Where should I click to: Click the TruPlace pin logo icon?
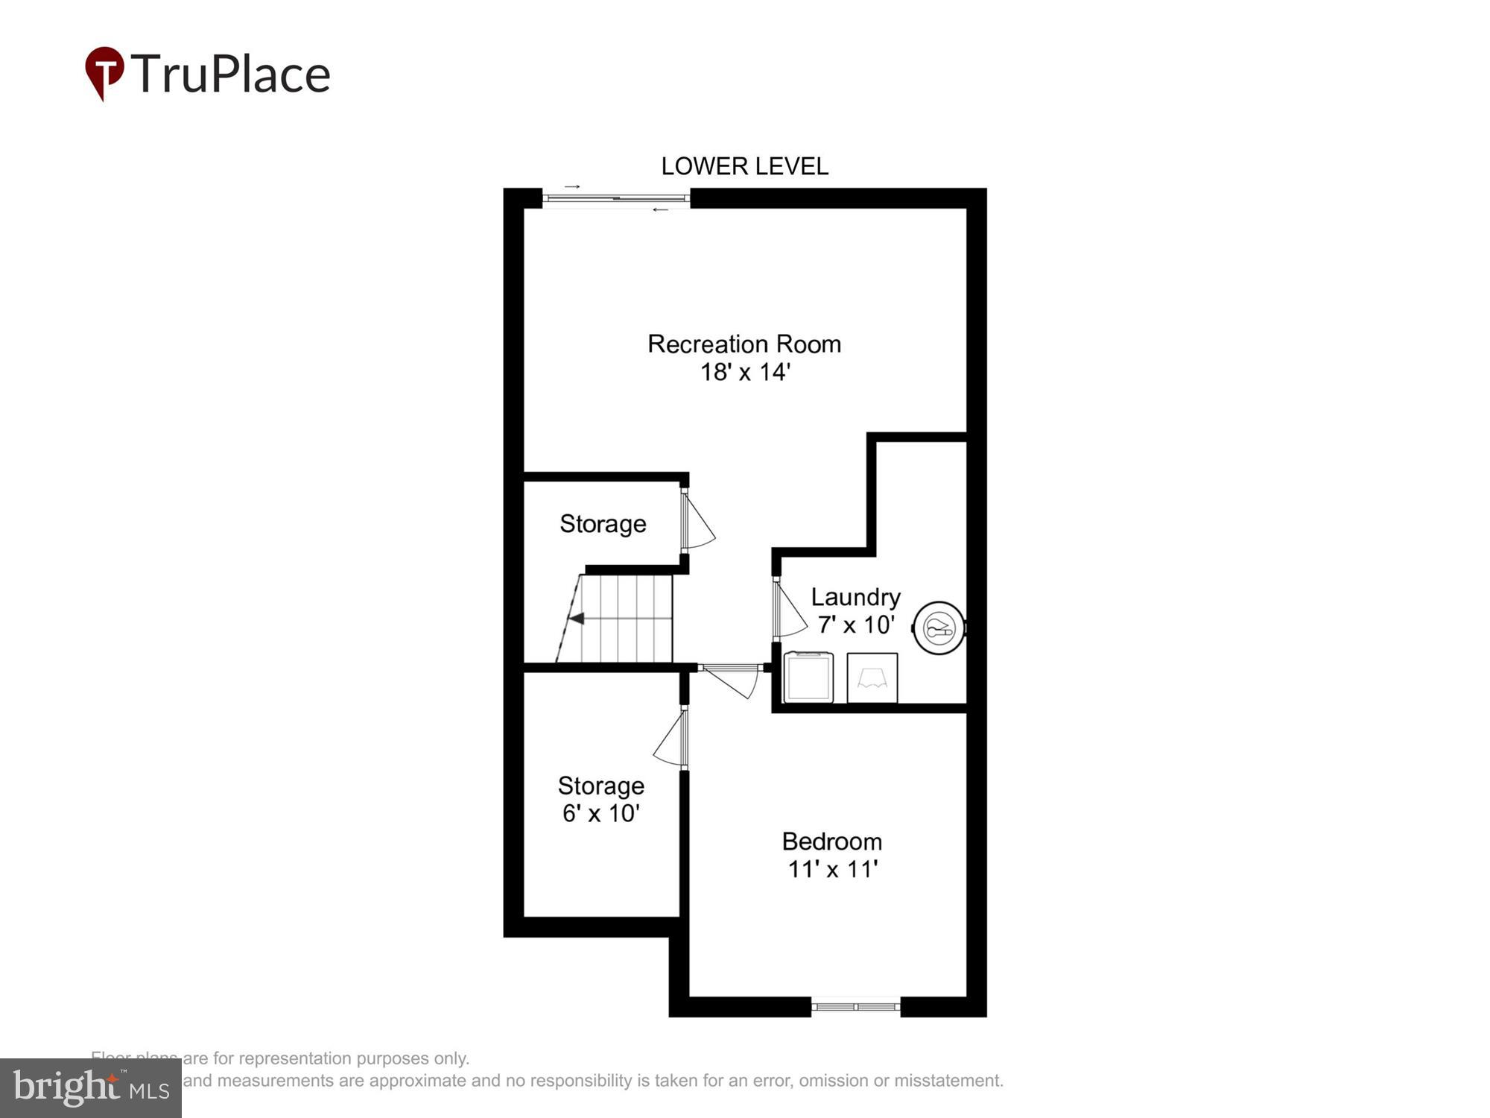[x=104, y=72]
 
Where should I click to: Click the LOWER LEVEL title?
[x=744, y=166]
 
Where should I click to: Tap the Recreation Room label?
[x=744, y=344]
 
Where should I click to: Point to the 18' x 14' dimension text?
[x=744, y=372]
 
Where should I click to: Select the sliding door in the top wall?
[x=615, y=198]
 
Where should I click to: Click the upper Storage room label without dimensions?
[x=603, y=524]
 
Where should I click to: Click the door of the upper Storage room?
[x=696, y=520]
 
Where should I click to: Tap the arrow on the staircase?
[x=576, y=619]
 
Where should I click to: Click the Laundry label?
[x=855, y=597]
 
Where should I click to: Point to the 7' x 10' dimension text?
[x=855, y=625]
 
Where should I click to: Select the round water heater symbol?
[x=939, y=628]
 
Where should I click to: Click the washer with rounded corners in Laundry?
[x=808, y=677]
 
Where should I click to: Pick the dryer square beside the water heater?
[x=872, y=678]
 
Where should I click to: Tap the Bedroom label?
[x=831, y=841]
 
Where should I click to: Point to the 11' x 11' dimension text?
[x=832, y=869]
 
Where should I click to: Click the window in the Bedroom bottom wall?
[x=855, y=1007]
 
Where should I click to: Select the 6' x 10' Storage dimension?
[x=600, y=813]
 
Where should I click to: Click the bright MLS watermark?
[x=91, y=1087]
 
